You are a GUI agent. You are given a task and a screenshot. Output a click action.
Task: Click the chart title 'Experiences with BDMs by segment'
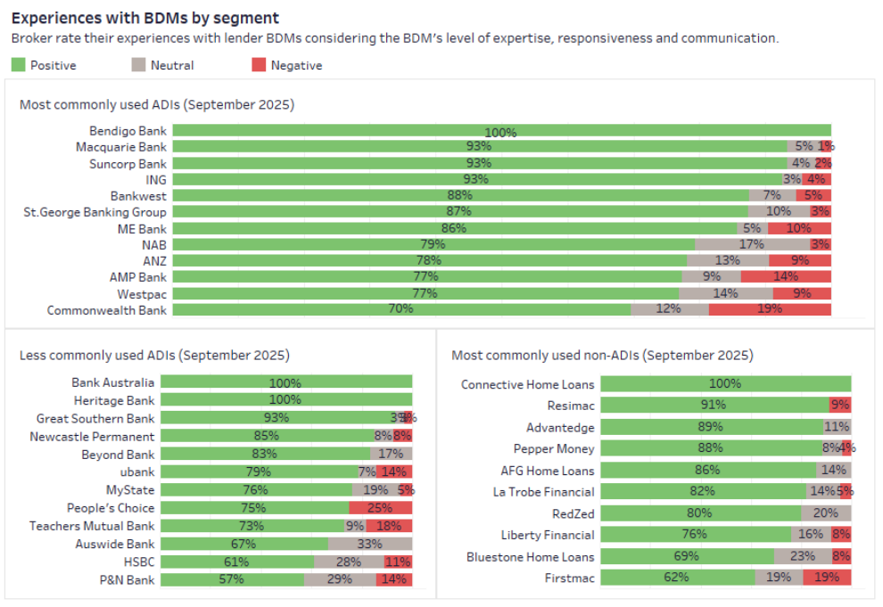[x=145, y=18]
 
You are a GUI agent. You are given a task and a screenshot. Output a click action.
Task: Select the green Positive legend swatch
[x=19, y=65]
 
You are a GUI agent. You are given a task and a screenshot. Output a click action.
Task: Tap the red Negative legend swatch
[x=260, y=65]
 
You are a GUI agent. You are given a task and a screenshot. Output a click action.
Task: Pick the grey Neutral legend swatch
[x=139, y=65]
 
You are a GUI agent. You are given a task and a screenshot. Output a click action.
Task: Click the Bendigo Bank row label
[x=128, y=131]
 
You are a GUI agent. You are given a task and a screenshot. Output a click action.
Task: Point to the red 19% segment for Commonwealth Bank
[x=770, y=309]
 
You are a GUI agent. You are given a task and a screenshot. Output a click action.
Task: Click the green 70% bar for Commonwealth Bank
[x=401, y=309]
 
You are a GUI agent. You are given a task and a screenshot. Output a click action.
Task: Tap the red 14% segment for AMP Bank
[x=786, y=276]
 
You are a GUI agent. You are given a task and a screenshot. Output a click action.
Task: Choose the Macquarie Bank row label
[x=120, y=147]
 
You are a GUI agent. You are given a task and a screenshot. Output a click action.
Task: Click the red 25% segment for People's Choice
[x=381, y=508]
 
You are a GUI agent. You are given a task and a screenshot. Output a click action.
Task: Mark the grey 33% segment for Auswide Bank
[x=370, y=544]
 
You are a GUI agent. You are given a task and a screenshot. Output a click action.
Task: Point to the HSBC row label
[x=138, y=562]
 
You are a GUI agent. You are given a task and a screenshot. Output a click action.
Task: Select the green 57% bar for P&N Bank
[x=232, y=579]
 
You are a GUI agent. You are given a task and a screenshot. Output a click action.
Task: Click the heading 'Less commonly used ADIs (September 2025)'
[x=154, y=355]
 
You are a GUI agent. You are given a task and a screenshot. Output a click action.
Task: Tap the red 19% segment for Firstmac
[x=827, y=578]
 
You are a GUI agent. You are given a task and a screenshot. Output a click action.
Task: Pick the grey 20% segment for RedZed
[x=826, y=513]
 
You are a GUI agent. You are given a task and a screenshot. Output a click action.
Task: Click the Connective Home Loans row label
[x=527, y=384]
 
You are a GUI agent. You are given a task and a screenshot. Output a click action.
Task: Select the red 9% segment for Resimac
[x=840, y=406]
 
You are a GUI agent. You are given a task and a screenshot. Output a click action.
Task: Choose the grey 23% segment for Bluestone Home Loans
[x=803, y=556]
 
